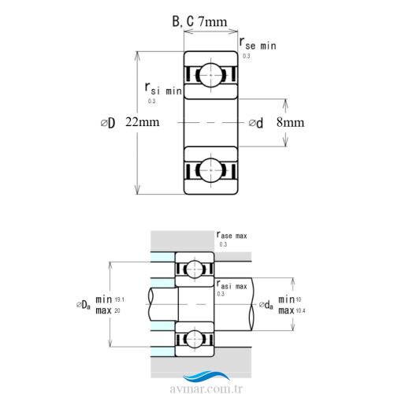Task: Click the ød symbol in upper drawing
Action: click(256, 123)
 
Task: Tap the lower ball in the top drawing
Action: click(210, 170)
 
